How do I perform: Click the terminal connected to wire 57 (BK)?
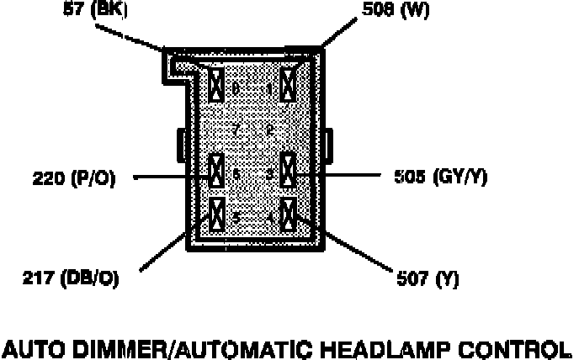tap(216, 85)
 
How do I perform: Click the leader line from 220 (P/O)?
tap(168, 177)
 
